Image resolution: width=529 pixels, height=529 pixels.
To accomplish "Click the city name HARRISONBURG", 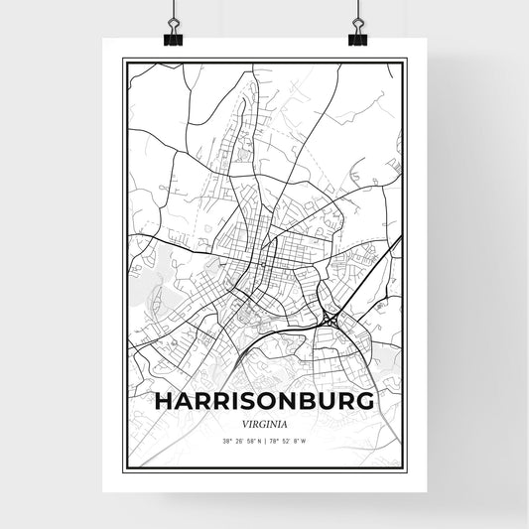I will [x=265, y=401].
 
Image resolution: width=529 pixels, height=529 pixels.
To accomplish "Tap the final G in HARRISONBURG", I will [x=365, y=401].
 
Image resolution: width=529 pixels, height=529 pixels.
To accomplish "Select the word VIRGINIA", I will [x=265, y=421].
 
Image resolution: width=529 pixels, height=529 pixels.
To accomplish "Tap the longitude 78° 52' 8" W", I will [x=288, y=442].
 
